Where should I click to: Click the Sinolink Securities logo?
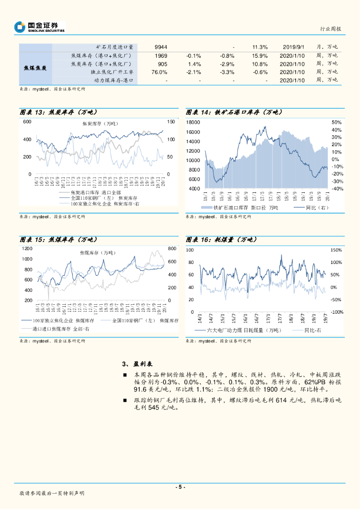point(40,27)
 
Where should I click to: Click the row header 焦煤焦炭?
point(35,68)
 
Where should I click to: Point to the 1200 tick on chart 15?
point(27,249)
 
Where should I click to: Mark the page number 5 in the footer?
point(180,487)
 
